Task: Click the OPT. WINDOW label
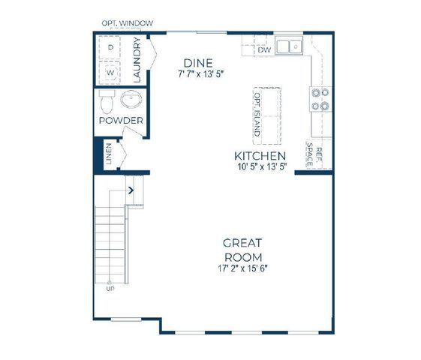point(128,23)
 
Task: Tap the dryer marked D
point(111,47)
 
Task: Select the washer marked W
point(111,73)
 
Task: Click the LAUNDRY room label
point(137,61)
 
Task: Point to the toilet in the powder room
point(106,101)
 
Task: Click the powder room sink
point(134,100)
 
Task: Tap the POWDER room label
point(121,121)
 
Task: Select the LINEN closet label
point(110,153)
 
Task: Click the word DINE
point(200,62)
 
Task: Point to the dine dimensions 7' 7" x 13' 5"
point(201,74)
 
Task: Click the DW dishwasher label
point(263,50)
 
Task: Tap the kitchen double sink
point(288,47)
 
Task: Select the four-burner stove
point(320,99)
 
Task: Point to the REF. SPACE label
point(314,154)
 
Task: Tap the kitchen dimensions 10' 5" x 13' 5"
point(260,167)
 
